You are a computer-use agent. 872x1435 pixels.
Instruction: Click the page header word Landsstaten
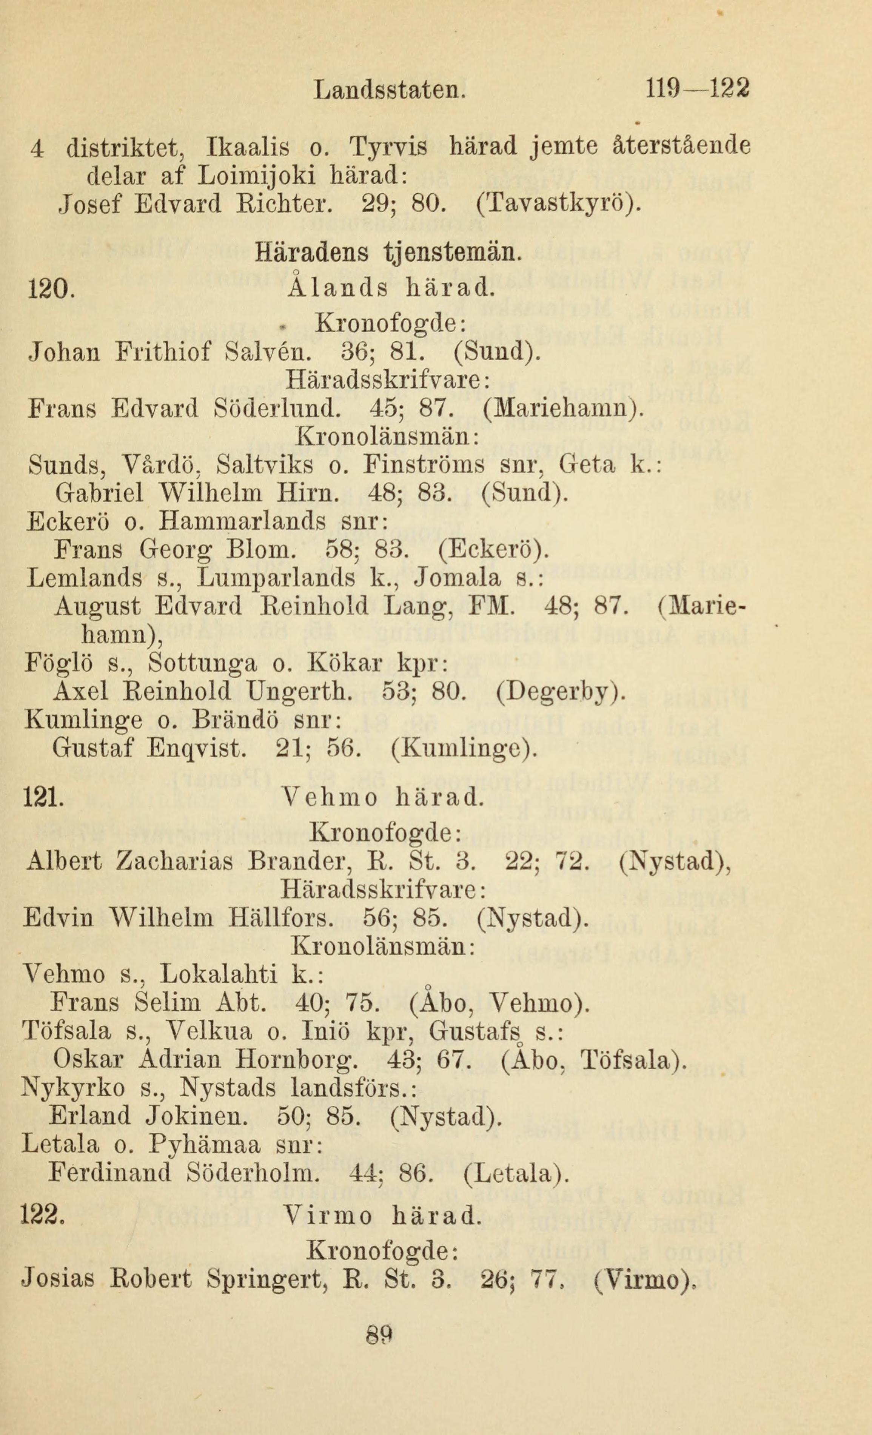pyautogui.click(x=389, y=90)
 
